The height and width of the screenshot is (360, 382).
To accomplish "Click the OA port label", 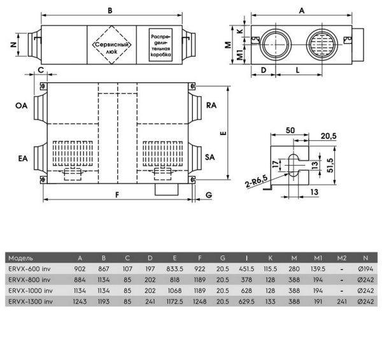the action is pyautogui.click(x=22, y=106).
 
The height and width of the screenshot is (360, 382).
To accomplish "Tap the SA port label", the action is pyautogui.click(x=209, y=157).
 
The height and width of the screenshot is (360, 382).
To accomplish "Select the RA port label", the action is pyautogui.click(x=211, y=105).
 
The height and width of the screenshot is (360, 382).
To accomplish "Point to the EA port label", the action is pyautogui.click(x=23, y=159).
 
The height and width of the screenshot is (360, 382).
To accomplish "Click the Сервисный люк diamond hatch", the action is pyautogui.click(x=111, y=45).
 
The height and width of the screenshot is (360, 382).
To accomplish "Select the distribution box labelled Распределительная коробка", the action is pyautogui.click(x=160, y=45).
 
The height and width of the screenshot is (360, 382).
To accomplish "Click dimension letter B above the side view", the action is pyautogui.click(x=110, y=11).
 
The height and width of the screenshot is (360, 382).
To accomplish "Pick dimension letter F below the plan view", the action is pyautogui.click(x=117, y=195).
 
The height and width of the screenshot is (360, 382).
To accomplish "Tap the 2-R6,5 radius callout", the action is pyautogui.click(x=257, y=182).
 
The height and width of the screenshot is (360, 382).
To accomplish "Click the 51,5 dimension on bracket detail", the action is pyautogui.click(x=330, y=165).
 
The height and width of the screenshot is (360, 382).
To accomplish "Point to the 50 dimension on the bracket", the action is pyautogui.click(x=290, y=131).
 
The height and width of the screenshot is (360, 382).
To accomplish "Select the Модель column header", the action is pyautogui.click(x=21, y=258).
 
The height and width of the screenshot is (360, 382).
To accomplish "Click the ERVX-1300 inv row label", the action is pyautogui.click(x=31, y=301).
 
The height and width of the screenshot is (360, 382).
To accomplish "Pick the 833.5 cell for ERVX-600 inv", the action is pyautogui.click(x=174, y=269).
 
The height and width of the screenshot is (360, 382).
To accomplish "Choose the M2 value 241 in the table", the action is pyautogui.click(x=342, y=301).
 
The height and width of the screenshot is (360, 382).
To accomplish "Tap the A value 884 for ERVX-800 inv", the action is pyautogui.click(x=80, y=280).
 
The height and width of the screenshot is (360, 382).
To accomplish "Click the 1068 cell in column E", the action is pyautogui.click(x=174, y=291).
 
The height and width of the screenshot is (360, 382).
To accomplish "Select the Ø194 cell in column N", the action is pyautogui.click(x=365, y=269).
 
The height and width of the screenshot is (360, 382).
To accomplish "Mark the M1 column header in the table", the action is pyautogui.click(x=318, y=258).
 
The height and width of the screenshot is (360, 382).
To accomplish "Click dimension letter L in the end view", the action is pyautogui.click(x=297, y=70).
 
